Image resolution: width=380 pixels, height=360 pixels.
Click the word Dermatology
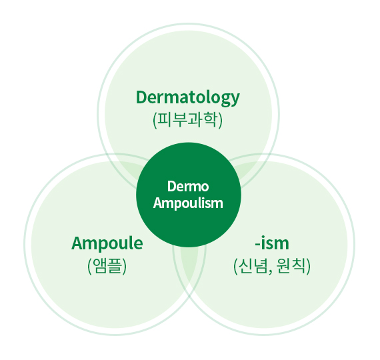click(188, 98)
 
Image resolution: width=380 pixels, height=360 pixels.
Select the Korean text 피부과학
click(188, 120)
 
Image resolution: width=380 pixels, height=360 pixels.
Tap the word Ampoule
click(107, 243)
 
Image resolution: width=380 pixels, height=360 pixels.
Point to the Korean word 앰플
click(107, 266)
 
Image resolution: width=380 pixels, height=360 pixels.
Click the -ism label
click(272, 243)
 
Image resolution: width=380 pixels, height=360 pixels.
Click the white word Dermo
click(188, 187)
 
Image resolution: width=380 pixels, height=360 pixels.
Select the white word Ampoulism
click(188, 203)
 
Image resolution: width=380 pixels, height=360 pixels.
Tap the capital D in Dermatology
click(142, 97)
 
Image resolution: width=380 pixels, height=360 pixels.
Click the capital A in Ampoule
click(77, 243)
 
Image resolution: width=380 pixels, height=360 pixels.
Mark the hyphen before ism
click(257, 245)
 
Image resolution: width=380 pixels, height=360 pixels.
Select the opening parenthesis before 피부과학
click(155, 120)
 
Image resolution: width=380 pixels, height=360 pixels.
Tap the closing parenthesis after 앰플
click(124, 266)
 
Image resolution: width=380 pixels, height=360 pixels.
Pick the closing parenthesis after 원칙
click(308, 266)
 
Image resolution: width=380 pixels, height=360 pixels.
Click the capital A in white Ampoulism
click(159, 203)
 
